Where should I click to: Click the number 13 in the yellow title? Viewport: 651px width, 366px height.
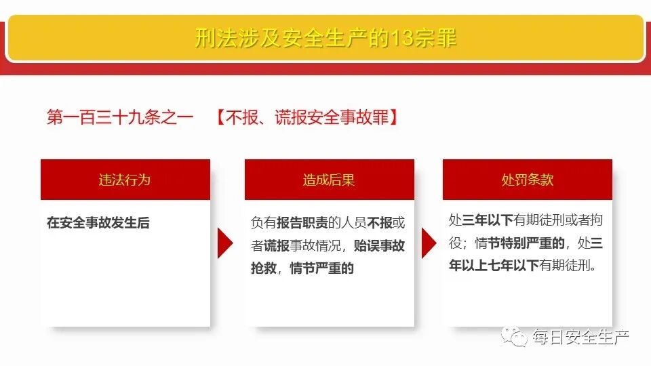(x=402, y=38)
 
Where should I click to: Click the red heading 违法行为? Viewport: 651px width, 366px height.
(x=125, y=180)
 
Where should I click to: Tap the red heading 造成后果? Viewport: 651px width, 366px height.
(x=329, y=180)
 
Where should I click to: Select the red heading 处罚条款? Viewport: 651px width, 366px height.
(x=527, y=180)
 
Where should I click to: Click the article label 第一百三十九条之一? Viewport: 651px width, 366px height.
(x=120, y=117)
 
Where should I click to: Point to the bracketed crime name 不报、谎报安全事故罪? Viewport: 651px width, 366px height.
(x=307, y=117)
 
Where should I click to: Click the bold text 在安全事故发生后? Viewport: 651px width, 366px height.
(x=98, y=222)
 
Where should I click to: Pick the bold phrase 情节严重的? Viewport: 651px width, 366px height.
(x=322, y=268)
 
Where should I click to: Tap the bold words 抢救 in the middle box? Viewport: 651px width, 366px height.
(x=264, y=268)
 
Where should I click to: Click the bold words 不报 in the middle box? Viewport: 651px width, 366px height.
(x=380, y=222)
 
